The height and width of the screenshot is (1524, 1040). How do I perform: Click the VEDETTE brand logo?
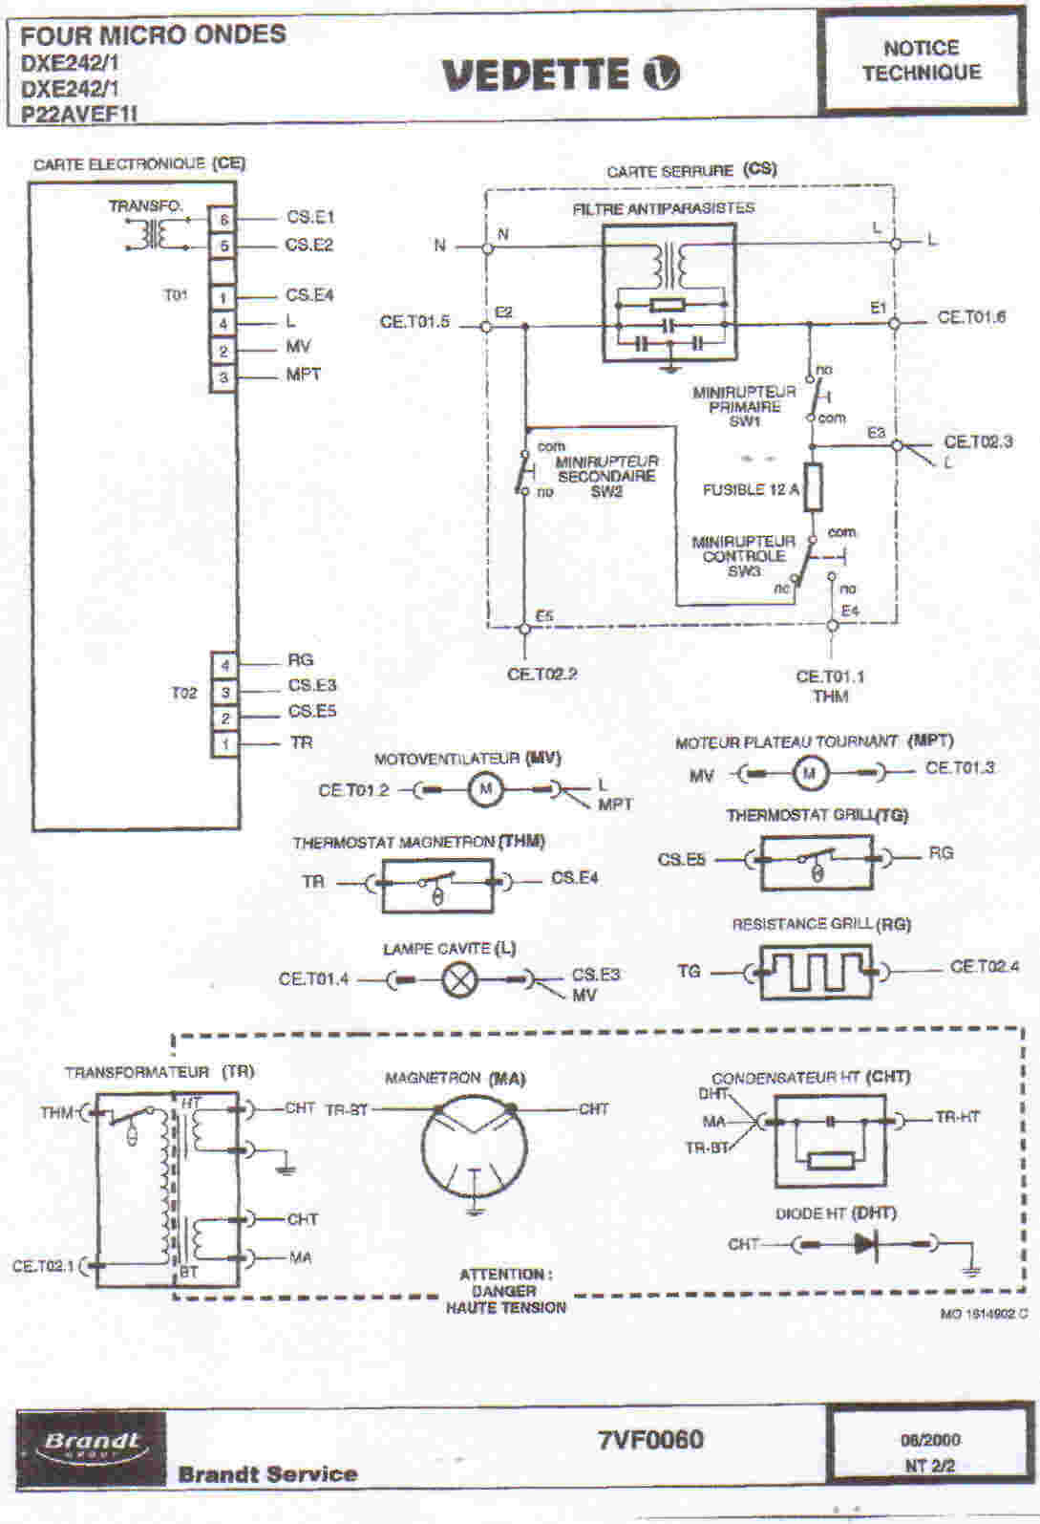(x=561, y=75)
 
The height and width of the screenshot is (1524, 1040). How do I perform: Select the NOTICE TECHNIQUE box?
(x=922, y=59)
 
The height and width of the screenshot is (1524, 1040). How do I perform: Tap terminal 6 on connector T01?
(x=223, y=220)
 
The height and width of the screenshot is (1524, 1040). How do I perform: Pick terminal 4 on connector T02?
(x=225, y=665)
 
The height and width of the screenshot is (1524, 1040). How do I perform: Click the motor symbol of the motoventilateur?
(x=485, y=789)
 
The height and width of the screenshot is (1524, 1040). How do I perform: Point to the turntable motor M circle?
(x=810, y=772)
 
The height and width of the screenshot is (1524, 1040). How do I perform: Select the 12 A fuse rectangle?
(x=814, y=486)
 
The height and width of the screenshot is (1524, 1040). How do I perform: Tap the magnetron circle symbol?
(x=474, y=1152)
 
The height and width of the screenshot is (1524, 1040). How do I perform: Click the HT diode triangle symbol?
(x=866, y=1244)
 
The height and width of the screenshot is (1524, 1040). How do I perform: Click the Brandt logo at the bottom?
(x=91, y=1444)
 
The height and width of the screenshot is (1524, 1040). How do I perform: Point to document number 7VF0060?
(x=650, y=1439)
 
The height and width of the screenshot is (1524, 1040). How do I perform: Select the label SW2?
(x=606, y=491)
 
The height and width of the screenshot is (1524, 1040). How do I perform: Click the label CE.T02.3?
(x=978, y=441)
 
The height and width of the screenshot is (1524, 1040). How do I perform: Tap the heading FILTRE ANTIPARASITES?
(x=663, y=208)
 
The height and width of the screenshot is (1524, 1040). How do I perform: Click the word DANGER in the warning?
(x=504, y=1291)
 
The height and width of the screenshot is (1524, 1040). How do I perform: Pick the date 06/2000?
(x=930, y=1440)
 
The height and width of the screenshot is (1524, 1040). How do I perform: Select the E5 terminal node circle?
(x=524, y=628)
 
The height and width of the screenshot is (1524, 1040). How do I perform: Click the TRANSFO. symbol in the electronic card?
(x=148, y=232)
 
